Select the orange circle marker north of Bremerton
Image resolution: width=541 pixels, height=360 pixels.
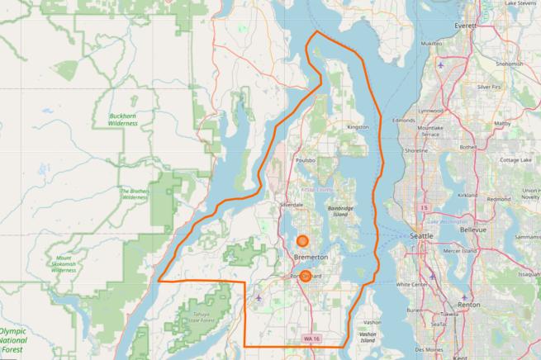tap(303, 241)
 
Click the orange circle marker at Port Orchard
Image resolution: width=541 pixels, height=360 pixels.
tap(305, 277)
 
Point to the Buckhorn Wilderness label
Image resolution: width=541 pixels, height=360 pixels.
tap(123, 121)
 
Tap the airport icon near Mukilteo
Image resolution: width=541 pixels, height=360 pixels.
tap(442, 64)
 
